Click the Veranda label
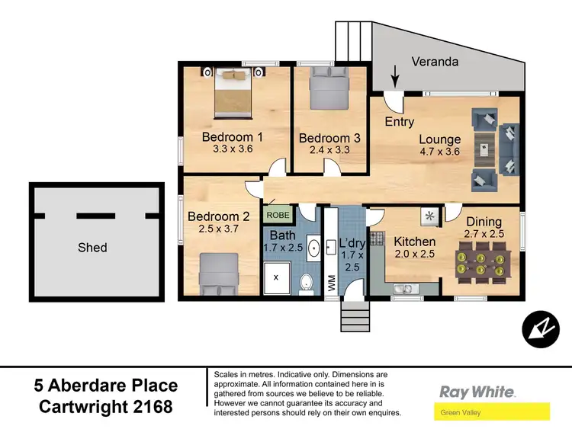(435, 62)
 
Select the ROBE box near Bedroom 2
(277, 216)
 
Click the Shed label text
(92, 247)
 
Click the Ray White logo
(477, 392)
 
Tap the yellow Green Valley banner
(492, 413)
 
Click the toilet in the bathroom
(307, 283)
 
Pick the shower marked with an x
(276, 277)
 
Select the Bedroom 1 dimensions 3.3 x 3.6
(232, 149)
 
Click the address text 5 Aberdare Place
(106, 386)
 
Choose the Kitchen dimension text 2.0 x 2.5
(414, 255)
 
